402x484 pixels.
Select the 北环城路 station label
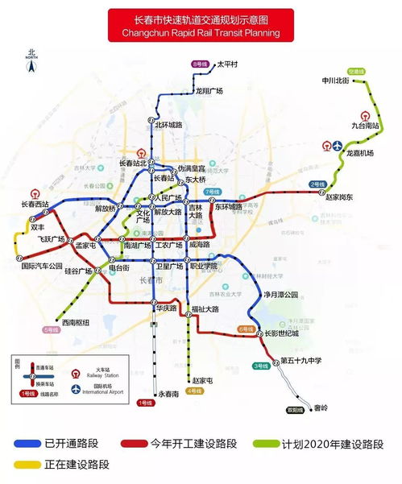pyautogui.click(x=168, y=125)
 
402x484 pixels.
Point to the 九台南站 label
pyautogui.click(x=366, y=126)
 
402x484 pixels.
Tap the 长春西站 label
pyautogui.click(x=35, y=205)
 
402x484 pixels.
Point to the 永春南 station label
pyautogui.click(x=169, y=393)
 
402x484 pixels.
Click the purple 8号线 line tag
pyautogui.click(x=200, y=63)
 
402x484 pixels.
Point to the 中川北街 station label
pyautogui.click(x=335, y=81)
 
